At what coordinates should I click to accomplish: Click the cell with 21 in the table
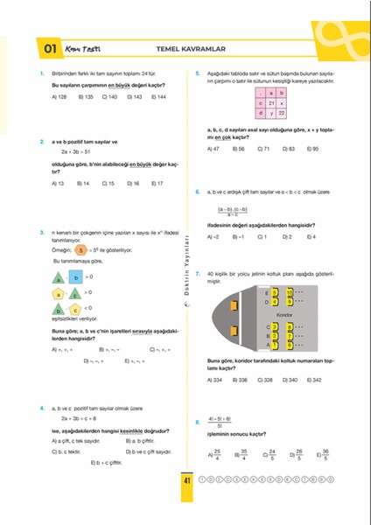tap(272, 102)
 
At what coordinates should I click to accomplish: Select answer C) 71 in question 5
tap(263, 150)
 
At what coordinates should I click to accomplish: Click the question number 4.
tap(42, 409)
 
